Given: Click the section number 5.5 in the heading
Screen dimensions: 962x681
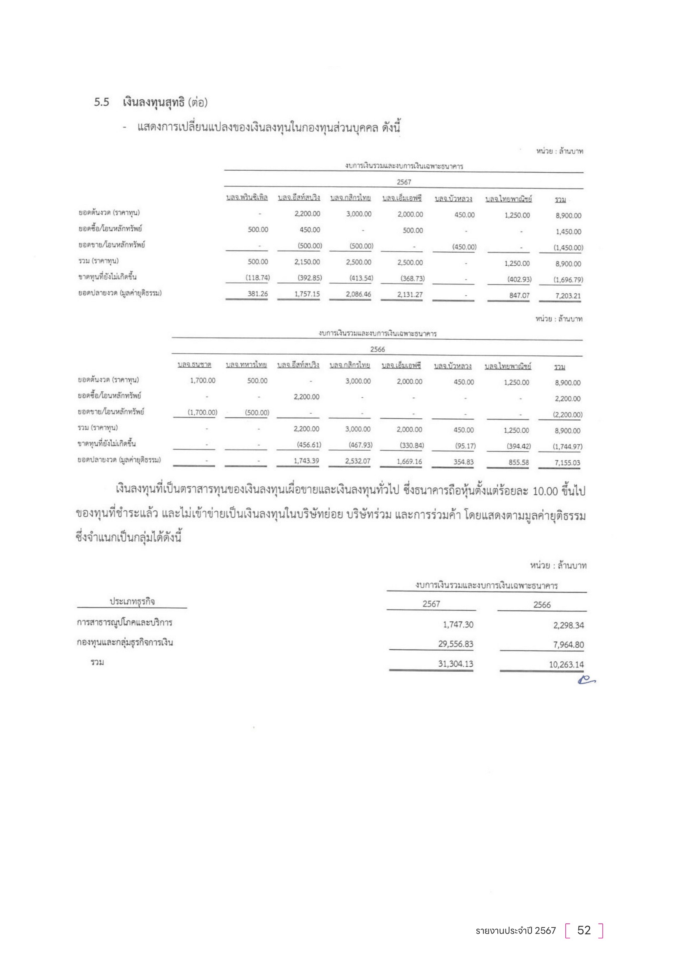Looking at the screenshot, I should [x=101, y=102].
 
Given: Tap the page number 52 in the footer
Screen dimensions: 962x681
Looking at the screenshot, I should [x=584, y=930].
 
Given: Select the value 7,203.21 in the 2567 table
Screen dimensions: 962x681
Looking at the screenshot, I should [x=568, y=296].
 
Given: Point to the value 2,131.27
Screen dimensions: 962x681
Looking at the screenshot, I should [x=410, y=295].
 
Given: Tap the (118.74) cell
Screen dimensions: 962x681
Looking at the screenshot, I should [x=257, y=278].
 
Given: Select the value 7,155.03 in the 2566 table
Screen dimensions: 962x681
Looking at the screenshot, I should [x=567, y=463].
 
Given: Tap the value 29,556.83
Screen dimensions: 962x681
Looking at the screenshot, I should [x=455, y=644].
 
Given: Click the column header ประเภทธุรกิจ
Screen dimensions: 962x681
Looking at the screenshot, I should [x=132, y=602].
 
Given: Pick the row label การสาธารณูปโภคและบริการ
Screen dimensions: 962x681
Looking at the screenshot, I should [x=124, y=623].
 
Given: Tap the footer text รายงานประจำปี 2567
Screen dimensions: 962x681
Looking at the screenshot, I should [x=515, y=930].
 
